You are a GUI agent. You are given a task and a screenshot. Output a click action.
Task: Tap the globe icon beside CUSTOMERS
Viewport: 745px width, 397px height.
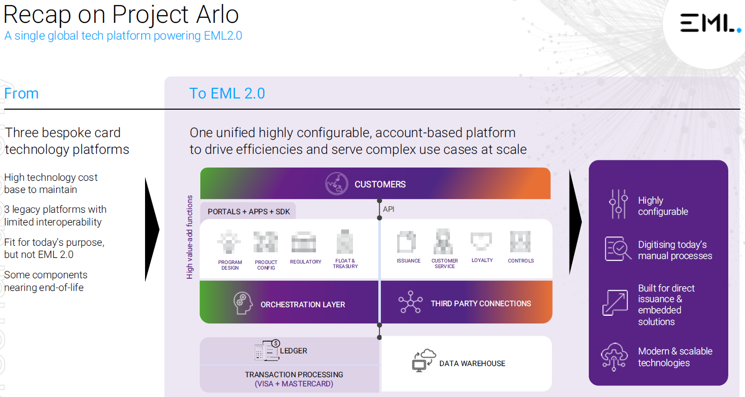337,183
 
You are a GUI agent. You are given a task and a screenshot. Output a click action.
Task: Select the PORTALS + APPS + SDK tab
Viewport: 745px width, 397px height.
249,212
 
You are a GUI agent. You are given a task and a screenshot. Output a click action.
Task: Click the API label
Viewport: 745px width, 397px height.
388,209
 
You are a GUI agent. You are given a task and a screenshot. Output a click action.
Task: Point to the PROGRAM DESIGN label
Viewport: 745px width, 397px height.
230,265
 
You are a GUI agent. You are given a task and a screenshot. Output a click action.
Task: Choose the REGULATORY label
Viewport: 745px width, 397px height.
306,262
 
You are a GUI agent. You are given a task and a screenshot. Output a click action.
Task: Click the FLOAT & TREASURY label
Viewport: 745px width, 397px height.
345,263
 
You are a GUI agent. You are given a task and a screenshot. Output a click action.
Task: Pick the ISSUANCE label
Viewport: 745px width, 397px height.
408,260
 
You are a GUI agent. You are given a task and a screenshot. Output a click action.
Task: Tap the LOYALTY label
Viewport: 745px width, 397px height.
482,260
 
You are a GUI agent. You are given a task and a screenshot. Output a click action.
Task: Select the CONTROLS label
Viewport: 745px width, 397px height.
520,260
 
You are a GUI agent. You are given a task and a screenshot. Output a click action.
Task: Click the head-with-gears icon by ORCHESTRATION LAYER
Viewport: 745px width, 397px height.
243,303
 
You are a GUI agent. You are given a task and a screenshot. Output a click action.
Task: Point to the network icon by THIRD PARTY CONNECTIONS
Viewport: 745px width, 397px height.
410,302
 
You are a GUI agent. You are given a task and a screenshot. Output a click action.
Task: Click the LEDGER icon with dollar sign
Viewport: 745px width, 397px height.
267,350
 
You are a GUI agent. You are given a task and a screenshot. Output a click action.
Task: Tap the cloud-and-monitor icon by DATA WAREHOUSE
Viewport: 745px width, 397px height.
423,360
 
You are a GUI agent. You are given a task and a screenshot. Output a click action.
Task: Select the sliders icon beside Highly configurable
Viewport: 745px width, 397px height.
618,204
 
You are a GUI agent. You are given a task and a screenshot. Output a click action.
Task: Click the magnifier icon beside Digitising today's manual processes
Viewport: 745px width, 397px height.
618,248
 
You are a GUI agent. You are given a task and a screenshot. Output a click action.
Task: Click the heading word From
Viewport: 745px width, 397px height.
21,93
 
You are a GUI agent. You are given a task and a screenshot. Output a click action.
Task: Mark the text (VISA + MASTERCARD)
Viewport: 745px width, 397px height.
294,384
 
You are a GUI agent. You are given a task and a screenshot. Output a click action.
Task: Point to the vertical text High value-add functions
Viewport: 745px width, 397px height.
190,237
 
